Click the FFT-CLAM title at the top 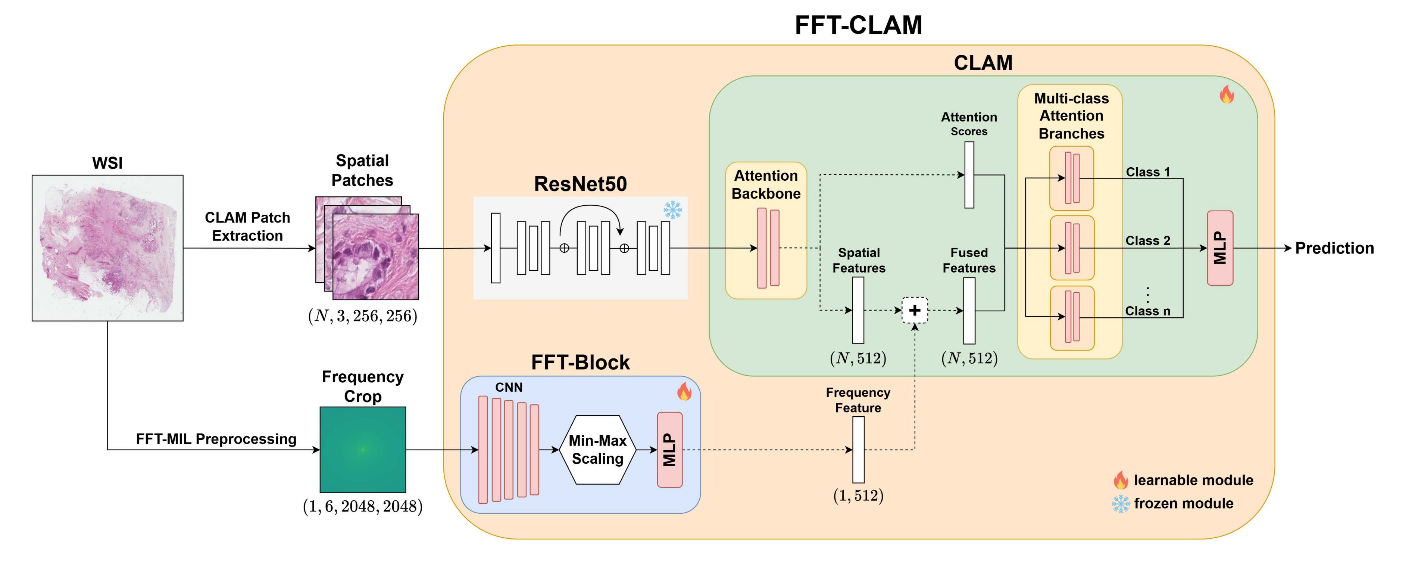(858, 25)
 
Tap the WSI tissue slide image (107, 248)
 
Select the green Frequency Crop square (363, 450)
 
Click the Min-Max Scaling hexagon (597, 450)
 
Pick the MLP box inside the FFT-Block (670, 450)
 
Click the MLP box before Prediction (1220, 248)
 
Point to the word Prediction (1334, 248)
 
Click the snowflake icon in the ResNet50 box (672, 209)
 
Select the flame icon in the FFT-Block (684, 391)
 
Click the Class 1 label (1148, 172)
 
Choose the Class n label (1148, 311)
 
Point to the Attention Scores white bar (969, 175)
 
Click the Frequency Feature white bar (858, 450)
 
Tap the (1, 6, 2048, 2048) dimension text (363, 506)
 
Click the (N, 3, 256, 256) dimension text (363, 316)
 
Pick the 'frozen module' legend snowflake (1121, 504)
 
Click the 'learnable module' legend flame (1121, 481)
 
